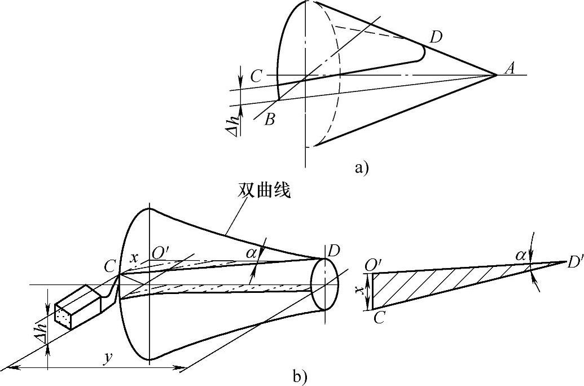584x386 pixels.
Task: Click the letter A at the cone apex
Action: point(510,69)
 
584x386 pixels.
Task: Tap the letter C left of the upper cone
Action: point(256,77)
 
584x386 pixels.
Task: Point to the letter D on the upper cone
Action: point(435,38)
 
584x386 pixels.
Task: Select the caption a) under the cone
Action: point(361,167)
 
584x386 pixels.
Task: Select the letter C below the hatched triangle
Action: point(380,318)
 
